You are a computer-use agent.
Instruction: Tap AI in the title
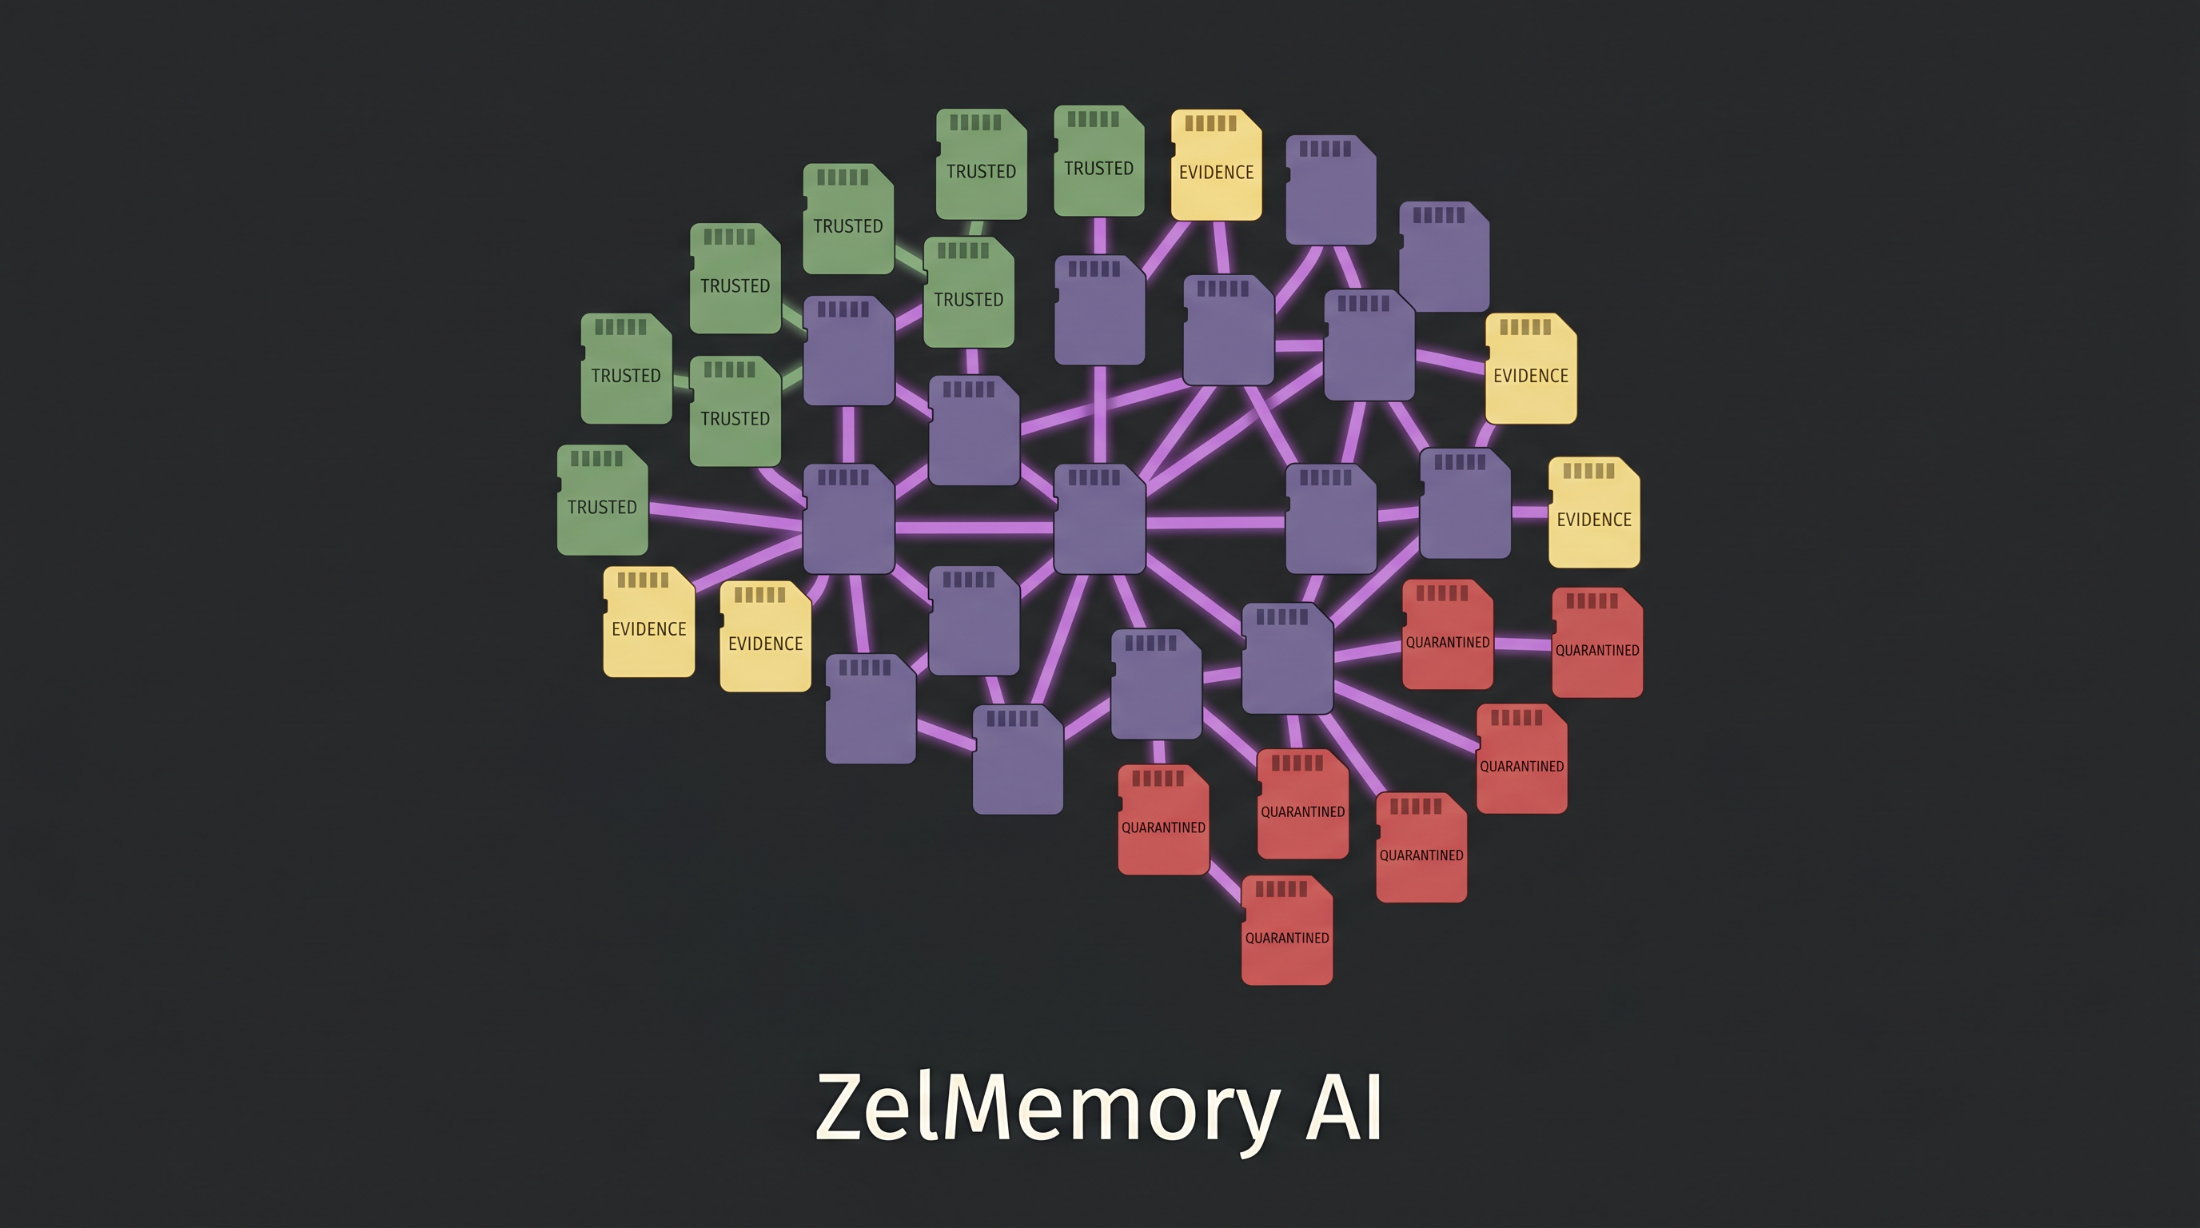[1343, 1106]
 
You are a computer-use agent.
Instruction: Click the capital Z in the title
[847, 1106]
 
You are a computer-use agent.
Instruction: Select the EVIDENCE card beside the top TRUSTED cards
[1216, 165]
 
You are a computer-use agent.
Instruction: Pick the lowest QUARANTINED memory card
[1287, 930]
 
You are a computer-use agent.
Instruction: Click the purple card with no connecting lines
[1445, 256]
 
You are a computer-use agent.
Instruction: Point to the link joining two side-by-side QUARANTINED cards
[1523, 644]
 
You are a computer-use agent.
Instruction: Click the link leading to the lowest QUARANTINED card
[1225, 885]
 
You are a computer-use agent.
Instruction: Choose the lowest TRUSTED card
[602, 500]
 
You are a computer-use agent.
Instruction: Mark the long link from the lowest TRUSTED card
[726, 516]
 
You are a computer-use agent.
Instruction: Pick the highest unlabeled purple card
[1330, 189]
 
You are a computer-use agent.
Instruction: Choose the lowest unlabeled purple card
[1018, 760]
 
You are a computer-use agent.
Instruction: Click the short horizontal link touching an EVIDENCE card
[1529, 512]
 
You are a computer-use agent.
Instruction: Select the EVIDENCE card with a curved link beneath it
[1530, 368]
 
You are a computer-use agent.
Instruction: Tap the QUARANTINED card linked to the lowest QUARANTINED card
[1163, 819]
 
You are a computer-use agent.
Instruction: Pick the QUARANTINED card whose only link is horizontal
[1597, 642]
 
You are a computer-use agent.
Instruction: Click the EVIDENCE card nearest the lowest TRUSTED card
[649, 622]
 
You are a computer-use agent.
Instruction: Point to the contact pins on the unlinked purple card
[1439, 215]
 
